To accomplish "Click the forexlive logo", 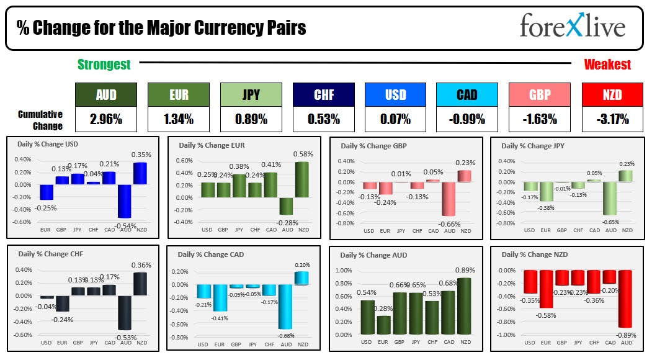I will (572, 26).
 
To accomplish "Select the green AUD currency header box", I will (105, 95).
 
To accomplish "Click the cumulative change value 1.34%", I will (178, 119).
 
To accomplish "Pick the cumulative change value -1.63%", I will (539, 119).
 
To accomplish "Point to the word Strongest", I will (104, 64).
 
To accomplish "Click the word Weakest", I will (607, 64).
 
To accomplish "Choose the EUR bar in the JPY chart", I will (546, 191).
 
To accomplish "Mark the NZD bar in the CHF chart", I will (141, 292).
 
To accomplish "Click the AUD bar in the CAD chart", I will (285, 307).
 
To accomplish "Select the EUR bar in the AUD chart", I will (383, 325).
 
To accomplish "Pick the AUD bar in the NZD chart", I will (625, 299).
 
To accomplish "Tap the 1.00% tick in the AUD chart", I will (344, 271).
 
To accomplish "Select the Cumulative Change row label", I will (40, 120).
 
